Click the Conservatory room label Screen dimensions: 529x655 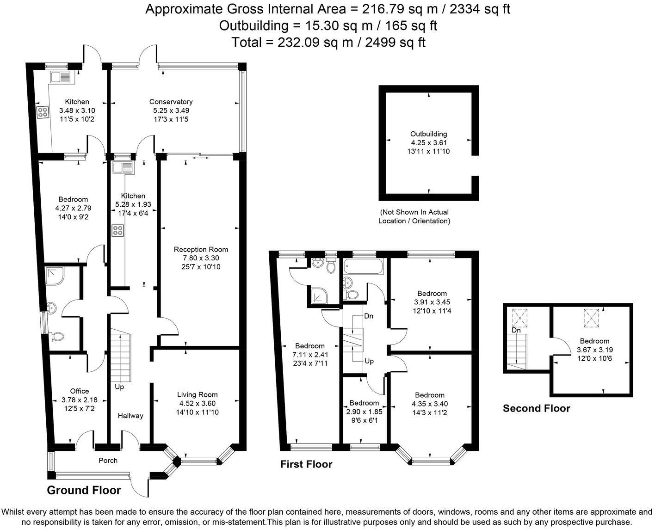pos(171,102)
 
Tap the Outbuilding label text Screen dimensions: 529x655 pos(429,134)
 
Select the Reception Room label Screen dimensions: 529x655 pos(201,250)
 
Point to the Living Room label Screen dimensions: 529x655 pos(197,394)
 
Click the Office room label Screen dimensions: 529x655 pos(79,391)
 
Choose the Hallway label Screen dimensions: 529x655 pos(130,416)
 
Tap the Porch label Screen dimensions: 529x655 pos(108,461)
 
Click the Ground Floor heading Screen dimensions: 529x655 pos(84,491)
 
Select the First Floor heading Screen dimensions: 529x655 pos(306,464)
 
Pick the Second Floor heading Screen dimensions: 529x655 pos(536,408)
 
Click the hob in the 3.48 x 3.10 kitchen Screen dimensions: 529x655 pos(43,112)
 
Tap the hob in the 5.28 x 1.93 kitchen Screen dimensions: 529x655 pos(117,230)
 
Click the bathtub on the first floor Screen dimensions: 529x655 pos(364,267)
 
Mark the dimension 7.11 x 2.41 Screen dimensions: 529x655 pos(309,355)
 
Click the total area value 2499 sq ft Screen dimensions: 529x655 pos(395,43)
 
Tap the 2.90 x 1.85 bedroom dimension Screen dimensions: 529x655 pos(364,412)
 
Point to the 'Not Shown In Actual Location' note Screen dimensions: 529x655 pos(414,216)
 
